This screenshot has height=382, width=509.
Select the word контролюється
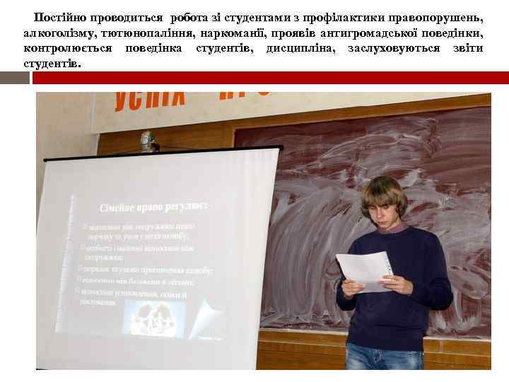(68, 48)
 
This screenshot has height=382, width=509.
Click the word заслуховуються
(394, 48)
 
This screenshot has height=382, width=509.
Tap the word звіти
(469, 48)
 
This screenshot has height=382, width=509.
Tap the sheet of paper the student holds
(363, 270)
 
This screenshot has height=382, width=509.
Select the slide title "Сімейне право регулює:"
(152, 206)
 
